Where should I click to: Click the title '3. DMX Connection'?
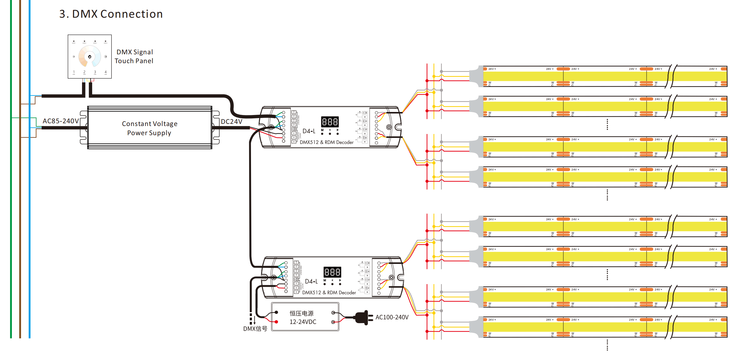point(111,14)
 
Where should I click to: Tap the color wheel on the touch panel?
point(90,56)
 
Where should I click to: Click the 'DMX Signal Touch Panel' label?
point(134,56)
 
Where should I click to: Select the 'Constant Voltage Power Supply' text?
point(149,128)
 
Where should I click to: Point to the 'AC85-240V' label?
point(61,121)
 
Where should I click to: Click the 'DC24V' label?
point(231,122)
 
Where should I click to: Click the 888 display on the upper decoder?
point(330,122)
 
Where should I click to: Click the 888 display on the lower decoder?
point(332,272)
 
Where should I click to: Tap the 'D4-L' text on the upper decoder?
point(309,131)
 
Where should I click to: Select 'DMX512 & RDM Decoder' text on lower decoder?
point(329,293)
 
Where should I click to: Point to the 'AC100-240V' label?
point(392,317)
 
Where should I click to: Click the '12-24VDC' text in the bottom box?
point(303,322)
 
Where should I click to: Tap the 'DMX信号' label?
point(255,329)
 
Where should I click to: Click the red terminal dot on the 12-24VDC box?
point(276,322)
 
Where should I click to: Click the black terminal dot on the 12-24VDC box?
point(276,312)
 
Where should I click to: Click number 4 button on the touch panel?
point(106,72)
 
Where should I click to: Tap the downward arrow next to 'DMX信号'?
point(255,320)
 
